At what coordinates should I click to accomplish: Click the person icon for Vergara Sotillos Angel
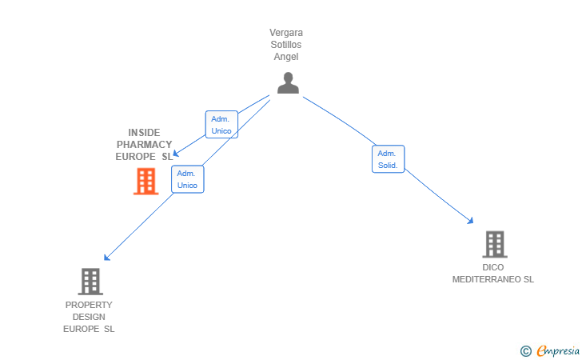coord(288,82)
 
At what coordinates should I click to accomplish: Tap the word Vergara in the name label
coord(286,33)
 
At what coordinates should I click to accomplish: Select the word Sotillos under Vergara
coord(286,45)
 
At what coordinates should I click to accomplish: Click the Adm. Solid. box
coord(389,159)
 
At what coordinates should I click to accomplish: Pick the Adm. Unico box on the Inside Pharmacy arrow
coord(221,125)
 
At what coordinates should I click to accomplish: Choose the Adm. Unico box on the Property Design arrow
coord(187,179)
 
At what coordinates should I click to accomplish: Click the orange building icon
coord(145,182)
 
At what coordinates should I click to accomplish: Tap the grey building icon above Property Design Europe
coord(90,282)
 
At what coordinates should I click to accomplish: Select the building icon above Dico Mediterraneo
coord(494,244)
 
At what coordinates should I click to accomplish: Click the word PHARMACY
coord(144,145)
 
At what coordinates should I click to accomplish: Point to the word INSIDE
coord(144,133)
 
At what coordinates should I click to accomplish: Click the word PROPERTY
coord(89,305)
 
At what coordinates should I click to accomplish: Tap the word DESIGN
coord(89,317)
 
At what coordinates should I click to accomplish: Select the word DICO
coord(493,267)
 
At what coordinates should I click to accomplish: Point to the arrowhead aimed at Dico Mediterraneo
coord(471,220)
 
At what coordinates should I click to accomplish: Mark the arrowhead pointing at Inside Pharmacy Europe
coord(177,154)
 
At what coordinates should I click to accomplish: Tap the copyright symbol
coord(525,350)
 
